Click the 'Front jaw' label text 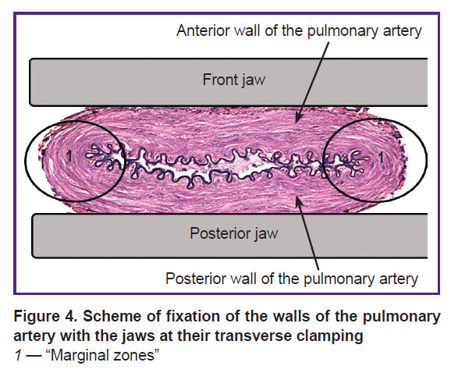[x=234, y=80]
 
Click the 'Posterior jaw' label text [x=234, y=233]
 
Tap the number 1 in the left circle [x=69, y=156]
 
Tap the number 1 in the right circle [x=381, y=158]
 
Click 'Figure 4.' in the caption [x=45, y=317]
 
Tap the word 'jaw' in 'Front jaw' [x=254, y=80]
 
